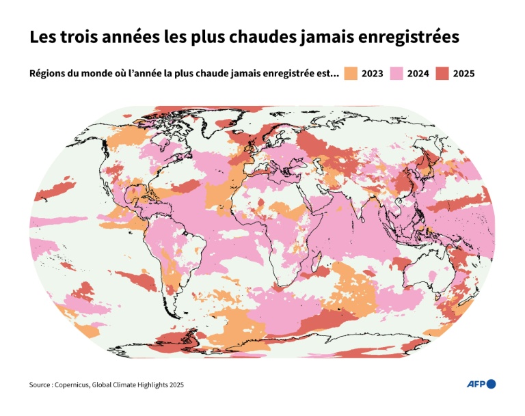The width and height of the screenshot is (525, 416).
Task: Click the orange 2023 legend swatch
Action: (x=350, y=74)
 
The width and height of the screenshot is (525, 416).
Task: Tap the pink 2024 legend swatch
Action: (x=396, y=74)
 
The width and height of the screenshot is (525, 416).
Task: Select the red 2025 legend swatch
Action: (x=442, y=74)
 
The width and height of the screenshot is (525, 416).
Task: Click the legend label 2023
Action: (x=372, y=74)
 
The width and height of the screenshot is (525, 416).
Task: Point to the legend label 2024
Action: (x=418, y=74)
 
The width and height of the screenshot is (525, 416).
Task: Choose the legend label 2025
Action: (x=463, y=74)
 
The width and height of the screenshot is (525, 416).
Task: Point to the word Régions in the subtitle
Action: (x=48, y=74)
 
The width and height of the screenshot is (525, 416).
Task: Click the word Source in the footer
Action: (x=41, y=385)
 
